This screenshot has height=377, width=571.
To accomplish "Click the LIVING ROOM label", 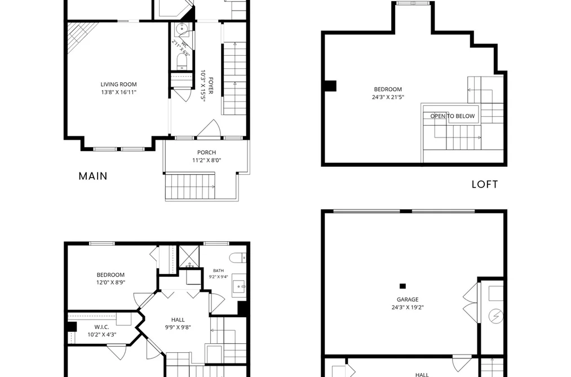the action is click(x=119, y=85).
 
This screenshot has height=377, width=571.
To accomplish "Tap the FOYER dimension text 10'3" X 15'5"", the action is click(x=203, y=86).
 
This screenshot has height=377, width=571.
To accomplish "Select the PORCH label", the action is click(x=206, y=153).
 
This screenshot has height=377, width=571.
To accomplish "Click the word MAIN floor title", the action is click(x=93, y=176).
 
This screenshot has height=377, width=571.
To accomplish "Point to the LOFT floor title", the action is click(x=485, y=184).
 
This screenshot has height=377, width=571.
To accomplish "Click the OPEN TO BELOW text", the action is click(x=453, y=116).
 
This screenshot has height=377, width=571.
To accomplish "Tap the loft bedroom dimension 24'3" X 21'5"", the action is click(x=388, y=97).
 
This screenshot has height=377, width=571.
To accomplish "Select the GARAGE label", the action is click(x=408, y=299).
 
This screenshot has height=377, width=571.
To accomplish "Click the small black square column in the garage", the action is click(x=402, y=286).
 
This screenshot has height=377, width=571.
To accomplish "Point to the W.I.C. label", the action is click(x=102, y=327).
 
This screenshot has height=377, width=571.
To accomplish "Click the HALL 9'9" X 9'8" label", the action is click(x=178, y=323).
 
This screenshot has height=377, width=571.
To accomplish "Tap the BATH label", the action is click(x=219, y=270).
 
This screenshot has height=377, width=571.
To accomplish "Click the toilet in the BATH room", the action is click(x=238, y=258).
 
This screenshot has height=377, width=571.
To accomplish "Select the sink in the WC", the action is click(x=182, y=29).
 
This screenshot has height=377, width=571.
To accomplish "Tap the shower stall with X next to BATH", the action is click(x=189, y=256).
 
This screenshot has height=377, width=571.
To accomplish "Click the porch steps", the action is click(x=190, y=187).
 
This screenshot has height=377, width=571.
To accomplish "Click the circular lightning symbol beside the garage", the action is click(x=495, y=316).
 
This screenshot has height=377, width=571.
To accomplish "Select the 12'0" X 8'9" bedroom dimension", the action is click(x=110, y=282).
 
